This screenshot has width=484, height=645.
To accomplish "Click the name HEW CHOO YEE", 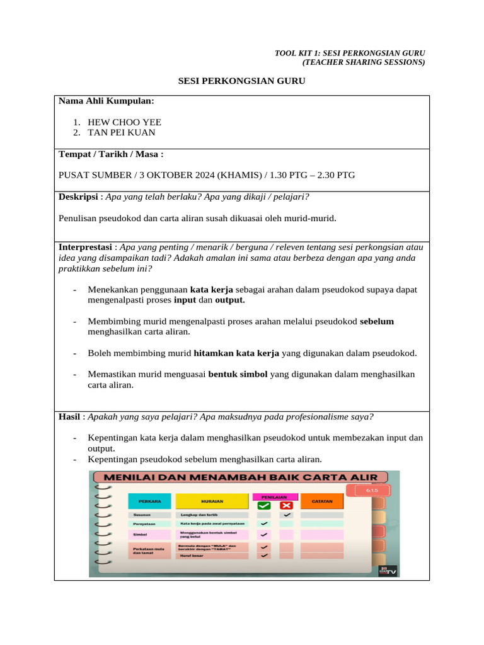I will (124, 122).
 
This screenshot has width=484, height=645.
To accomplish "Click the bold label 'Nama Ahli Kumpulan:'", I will (106, 101).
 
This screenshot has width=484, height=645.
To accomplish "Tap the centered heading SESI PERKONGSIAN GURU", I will (241, 81).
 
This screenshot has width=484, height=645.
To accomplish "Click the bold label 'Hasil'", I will (69, 416).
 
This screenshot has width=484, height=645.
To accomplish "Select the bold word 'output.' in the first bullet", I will (230, 300).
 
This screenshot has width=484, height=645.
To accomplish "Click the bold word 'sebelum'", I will (377, 321).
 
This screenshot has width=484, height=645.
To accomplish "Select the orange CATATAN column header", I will (321, 501).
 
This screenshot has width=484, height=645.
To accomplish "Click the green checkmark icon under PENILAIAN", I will (264, 505).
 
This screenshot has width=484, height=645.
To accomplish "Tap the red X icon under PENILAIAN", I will (286, 505).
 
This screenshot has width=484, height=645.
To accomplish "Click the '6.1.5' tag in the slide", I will (366, 489).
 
